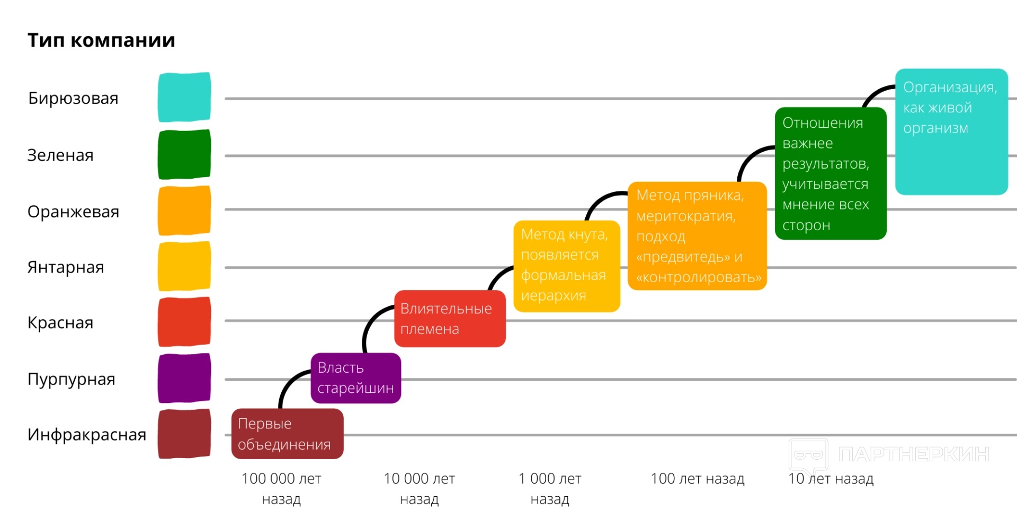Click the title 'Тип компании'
[x=101, y=40]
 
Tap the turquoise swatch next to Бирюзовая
[x=184, y=97]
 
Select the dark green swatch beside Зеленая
[x=184, y=154]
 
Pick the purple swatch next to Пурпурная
[x=184, y=378]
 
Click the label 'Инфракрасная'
[x=87, y=435]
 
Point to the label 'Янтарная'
[x=66, y=267]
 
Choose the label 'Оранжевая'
[x=73, y=212]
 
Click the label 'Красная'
[x=60, y=323]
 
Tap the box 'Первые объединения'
[x=287, y=434]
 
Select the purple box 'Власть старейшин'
[x=355, y=378]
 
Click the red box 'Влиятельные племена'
[x=450, y=319]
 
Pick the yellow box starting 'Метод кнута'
[x=566, y=266]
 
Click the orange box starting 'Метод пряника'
[x=697, y=236]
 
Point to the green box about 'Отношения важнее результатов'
[x=830, y=173]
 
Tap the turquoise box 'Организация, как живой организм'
[x=951, y=131]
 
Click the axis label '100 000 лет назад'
[x=281, y=488]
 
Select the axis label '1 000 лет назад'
[x=550, y=488]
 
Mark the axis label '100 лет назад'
[x=697, y=479]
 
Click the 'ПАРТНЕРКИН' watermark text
[x=914, y=454]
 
